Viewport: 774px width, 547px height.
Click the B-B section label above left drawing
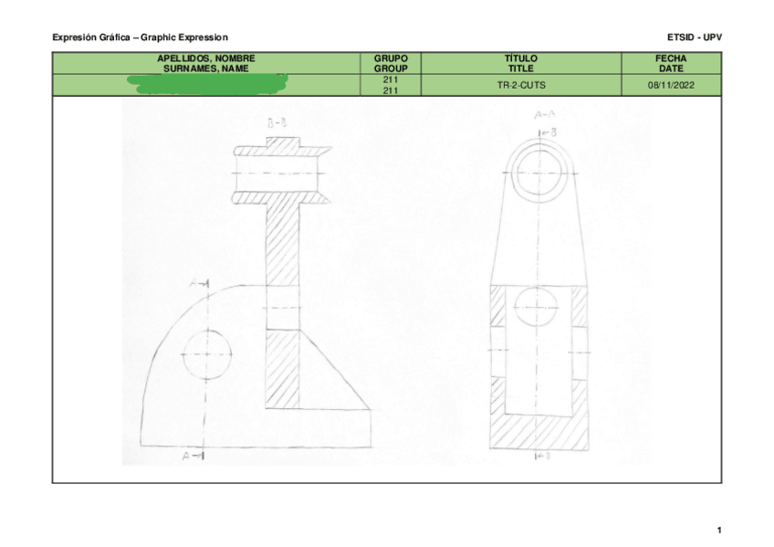[x=279, y=122]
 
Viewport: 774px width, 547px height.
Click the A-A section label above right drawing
[x=544, y=115]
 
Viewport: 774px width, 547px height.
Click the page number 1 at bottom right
[x=719, y=530]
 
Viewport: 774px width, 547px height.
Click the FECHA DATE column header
[x=671, y=63]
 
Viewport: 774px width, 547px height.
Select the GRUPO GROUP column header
[x=390, y=63]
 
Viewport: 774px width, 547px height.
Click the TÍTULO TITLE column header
[x=520, y=63]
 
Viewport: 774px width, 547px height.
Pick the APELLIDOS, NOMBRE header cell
[x=206, y=63]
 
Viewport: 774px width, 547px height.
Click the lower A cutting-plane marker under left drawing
[x=193, y=454]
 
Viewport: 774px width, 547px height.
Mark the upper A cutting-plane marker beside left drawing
[x=200, y=286]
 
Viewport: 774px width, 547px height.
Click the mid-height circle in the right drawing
[x=538, y=306]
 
